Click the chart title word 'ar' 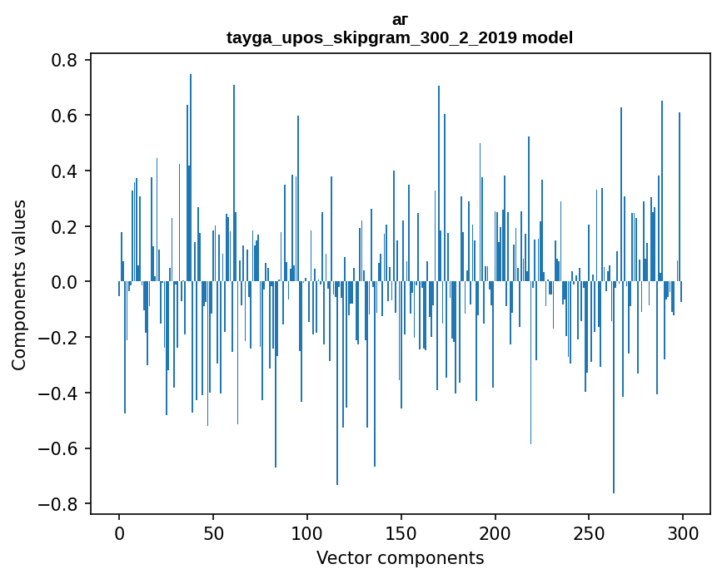(400, 20)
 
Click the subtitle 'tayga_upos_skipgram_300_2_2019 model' (400, 37)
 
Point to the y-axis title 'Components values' (19, 285)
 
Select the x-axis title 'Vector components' (400, 558)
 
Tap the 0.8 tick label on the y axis (63, 60)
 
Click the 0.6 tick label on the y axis (63, 116)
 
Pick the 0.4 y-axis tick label (63, 171)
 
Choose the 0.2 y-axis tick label (63, 227)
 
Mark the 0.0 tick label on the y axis (63, 282)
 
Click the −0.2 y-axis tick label (57, 338)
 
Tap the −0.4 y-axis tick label (57, 393)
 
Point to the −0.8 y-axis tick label (57, 504)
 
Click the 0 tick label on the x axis (119, 533)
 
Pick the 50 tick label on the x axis (213, 533)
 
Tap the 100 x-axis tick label (307, 533)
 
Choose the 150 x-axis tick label (401, 533)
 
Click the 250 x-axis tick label (589, 533)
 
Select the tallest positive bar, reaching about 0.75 (191, 177)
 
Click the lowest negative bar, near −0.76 (614, 387)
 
